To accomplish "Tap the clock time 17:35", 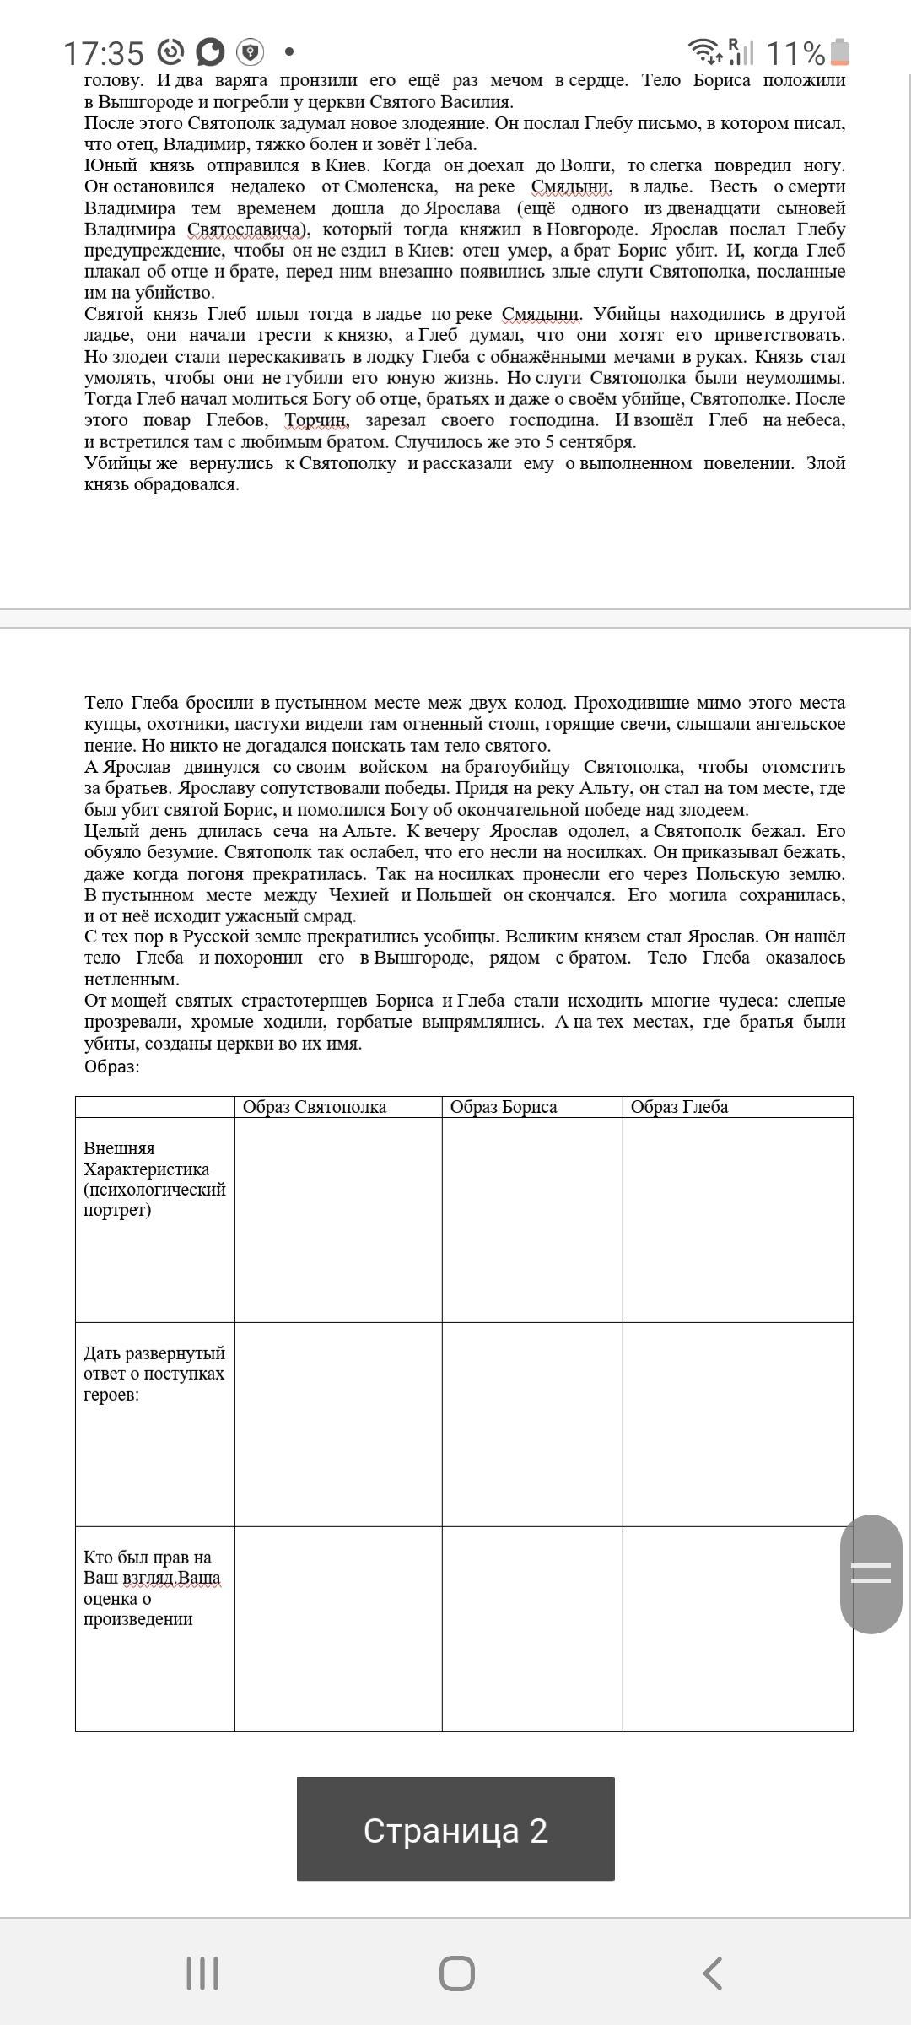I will [104, 53].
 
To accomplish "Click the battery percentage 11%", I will [795, 53].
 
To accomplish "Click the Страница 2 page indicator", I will [455, 1829].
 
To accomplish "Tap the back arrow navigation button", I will [713, 1974].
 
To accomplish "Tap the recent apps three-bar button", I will [202, 1974].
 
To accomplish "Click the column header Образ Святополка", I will [315, 1107].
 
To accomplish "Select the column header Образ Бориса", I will [504, 1107].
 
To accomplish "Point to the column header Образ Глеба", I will [679, 1107].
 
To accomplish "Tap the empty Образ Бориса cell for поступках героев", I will [532, 1424].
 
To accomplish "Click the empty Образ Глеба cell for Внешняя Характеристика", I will [737, 1220].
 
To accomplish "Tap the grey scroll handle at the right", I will [871, 1574].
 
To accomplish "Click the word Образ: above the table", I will [112, 1066].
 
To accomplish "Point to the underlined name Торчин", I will [316, 420].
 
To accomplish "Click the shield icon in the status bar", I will [250, 52].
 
